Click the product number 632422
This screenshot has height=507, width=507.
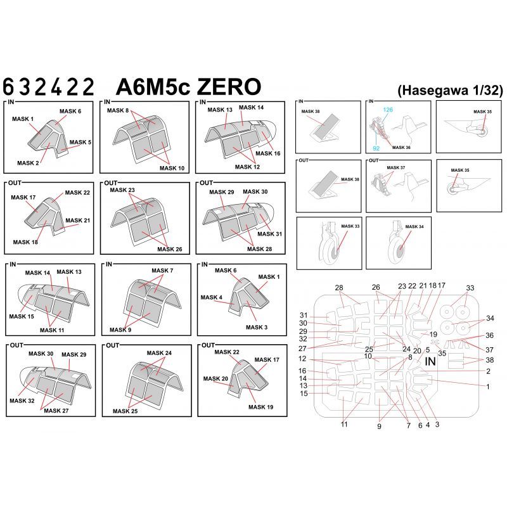click(x=49, y=86)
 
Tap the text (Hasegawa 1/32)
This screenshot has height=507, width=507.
click(x=450, y=90)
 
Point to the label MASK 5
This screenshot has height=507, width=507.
click(x=80, y=143)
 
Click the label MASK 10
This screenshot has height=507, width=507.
click(x=172, y=168)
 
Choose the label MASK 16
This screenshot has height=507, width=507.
click(x=269, y=153)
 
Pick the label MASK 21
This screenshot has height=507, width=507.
click(x=79, y=221)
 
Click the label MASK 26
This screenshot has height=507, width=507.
click(x=169, y=249)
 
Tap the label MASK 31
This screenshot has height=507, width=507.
click(x=270, y=234)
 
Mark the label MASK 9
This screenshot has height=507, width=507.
click(x=121, y=330)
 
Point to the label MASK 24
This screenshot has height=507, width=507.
click(x=160, y=352)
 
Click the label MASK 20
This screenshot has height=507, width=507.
click(x=215, y=378)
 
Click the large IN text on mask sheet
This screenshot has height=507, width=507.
click(x=430, y=362)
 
